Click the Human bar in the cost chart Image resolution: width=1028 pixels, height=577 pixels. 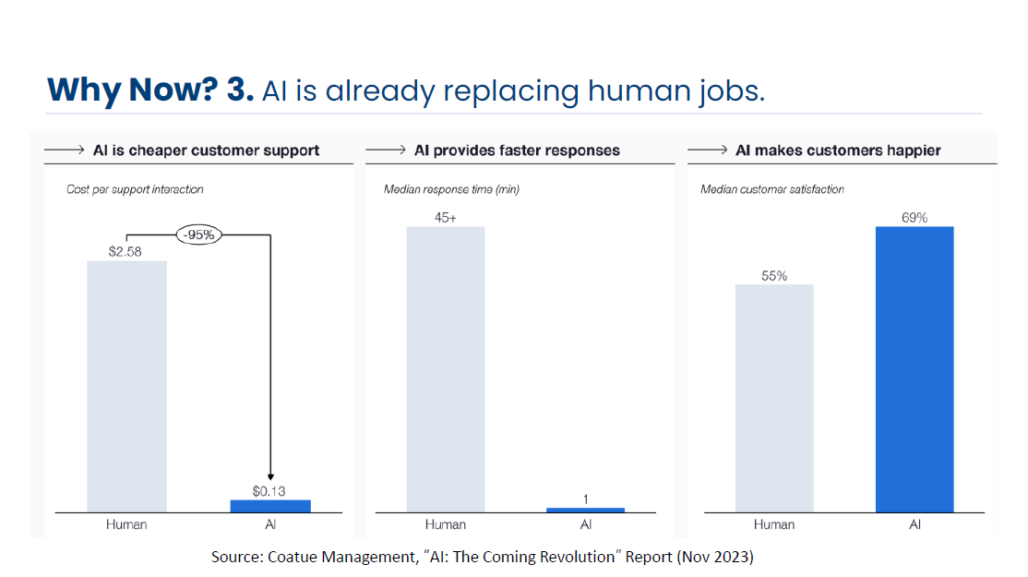coord(126,386)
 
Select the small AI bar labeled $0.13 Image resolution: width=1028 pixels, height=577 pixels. coord(270,505)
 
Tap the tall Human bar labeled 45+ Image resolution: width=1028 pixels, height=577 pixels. coord(445,368)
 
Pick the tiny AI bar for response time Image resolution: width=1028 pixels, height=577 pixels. coord(585,510)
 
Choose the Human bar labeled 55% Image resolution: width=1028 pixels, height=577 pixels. coord(774,397)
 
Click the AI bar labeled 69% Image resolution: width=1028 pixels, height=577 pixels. coord(914,368)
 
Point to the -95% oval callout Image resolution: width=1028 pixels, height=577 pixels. coord(199,234)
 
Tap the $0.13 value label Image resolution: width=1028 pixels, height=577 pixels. coord(269,491)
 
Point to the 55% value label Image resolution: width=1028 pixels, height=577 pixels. coord(774,276)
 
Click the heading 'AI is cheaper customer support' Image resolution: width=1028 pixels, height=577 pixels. coord(206,150)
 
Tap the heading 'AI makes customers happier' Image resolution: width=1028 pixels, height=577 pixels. coord(838,150)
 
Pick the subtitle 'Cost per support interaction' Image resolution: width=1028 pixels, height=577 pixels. coord(135,189)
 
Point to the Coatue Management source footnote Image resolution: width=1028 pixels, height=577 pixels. coord(482,557)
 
